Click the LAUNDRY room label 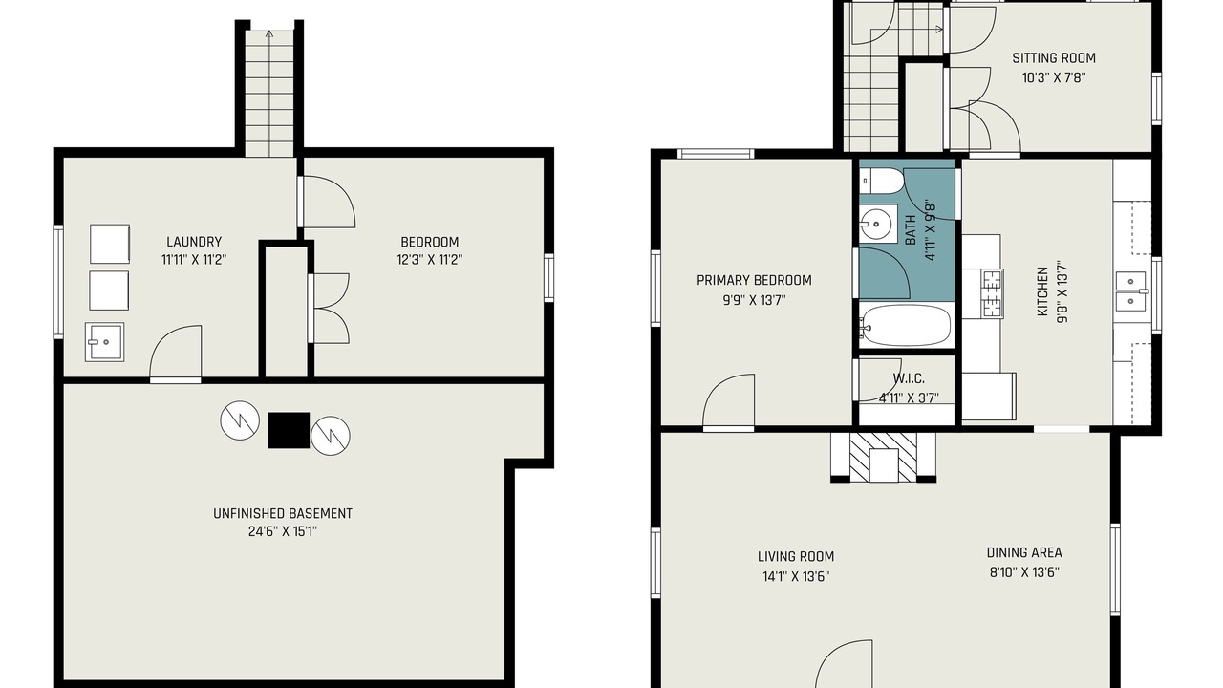[194, 242]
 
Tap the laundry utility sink [104, 342]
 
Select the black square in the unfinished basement [289, 430]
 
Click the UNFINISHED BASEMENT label [283, 513]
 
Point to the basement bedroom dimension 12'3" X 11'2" [430, 259]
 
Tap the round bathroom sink [876, 224]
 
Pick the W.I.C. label [909, 378]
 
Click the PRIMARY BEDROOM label [754, 280]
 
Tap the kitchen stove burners [993, 294]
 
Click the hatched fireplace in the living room [884, 458]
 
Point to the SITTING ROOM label [1054, 58]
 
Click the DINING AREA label [1024, 552]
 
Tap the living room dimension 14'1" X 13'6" [796, 576]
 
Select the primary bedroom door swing [729, 400]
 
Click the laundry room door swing [176, 353]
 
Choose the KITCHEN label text [1042, 291]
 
